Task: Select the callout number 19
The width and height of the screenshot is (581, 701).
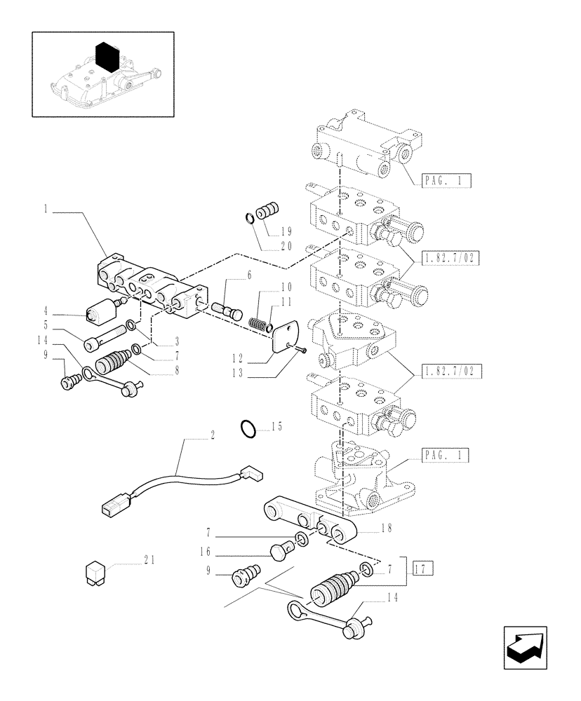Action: (286, 231)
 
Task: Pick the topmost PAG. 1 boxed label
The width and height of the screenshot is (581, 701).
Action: (446, 182)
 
